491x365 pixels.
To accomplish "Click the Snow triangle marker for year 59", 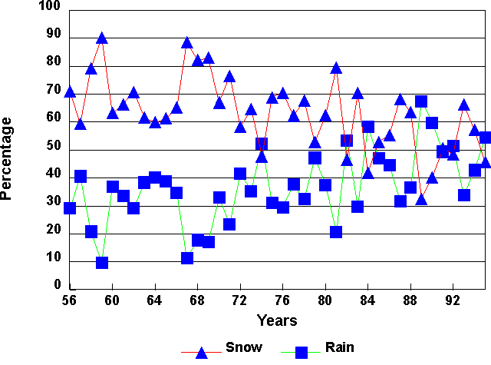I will (102, 38).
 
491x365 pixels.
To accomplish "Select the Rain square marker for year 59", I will (102, 263).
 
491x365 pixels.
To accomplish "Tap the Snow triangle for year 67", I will (186, 42).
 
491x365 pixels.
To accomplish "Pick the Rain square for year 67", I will (187, 258).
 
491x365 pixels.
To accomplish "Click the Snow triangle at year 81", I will (336, 68).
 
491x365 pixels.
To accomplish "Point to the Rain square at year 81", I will (336, 232).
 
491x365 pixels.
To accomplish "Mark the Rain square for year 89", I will (421, 101).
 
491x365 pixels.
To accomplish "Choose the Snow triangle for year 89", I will (421, 199).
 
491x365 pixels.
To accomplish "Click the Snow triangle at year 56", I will (70, 92).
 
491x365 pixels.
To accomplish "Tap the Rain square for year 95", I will (485, 138).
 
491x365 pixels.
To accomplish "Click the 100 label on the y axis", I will (48, 7).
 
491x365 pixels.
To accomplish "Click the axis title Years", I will (277, 320).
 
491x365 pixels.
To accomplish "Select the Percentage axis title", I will (7, 158).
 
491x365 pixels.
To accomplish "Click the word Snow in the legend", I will (244, 347).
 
